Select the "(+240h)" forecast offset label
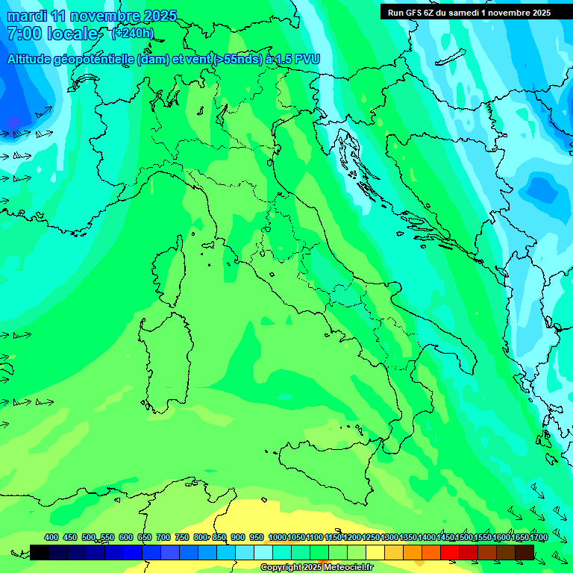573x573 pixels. (132, 34)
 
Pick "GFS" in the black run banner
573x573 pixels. (416, 13)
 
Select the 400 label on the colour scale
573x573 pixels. (51, 537)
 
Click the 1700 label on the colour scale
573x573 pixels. (519, 537)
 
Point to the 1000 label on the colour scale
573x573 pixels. (277, 537)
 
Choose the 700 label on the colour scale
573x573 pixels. (163, 537)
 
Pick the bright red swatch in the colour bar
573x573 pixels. (450, 552)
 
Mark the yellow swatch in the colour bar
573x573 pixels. (375, 552)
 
